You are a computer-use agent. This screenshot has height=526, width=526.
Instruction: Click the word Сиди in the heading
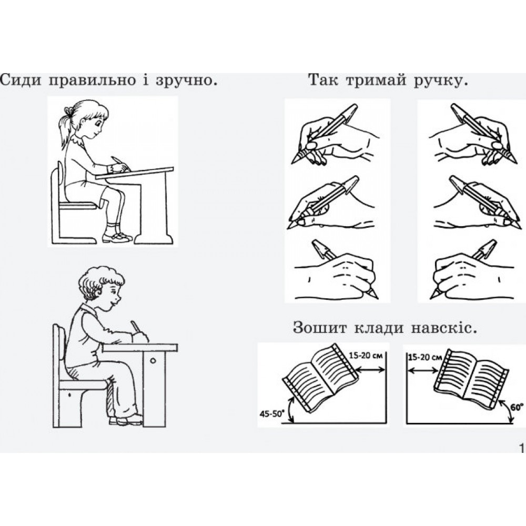tap(21, 80)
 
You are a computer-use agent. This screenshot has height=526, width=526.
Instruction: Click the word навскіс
tap(442, 327)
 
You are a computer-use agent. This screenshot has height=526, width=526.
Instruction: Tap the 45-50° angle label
tap(271, 413)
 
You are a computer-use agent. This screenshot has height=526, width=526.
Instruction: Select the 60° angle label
tap(517, 408)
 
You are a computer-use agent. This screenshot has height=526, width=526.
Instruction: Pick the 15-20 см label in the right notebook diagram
tap(424, 357)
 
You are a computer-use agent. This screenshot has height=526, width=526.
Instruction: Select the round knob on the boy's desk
tap(153, 361)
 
